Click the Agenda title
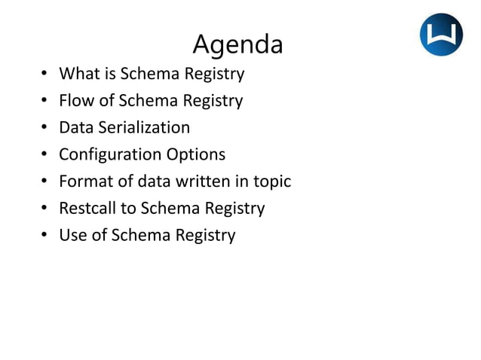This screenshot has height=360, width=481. (237, 44)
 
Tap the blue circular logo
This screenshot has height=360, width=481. (441, 35)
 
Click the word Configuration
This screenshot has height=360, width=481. (110, 155)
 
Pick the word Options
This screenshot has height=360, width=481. (195, 155)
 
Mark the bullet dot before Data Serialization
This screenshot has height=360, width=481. (44, 128)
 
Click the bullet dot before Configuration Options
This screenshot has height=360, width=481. (44, 155)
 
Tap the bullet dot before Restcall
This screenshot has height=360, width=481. (44, 209)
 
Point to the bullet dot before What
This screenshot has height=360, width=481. (44, 74)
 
